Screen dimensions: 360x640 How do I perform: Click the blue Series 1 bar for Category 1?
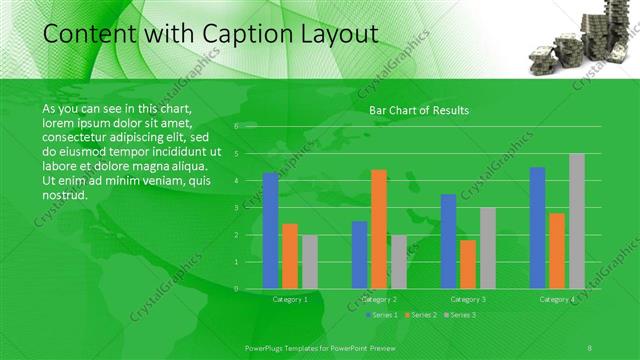click(270, 231)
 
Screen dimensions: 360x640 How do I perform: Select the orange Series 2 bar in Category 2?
click(379, 229)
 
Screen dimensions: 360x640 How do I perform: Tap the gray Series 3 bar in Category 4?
click(577, 221)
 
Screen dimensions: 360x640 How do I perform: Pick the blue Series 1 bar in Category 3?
click(448, 241)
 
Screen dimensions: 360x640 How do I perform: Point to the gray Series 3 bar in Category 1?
click(310, 262)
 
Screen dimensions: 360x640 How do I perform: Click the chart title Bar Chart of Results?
click(419, 110)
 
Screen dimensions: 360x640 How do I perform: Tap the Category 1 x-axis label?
click(290, 299)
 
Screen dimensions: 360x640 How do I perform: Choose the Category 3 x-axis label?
click(468, 299)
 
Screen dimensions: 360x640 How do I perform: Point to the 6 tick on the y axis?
click(236, 127)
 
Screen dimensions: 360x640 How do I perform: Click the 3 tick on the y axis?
click(236, 208)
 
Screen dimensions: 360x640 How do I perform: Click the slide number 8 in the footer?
click(590, 346)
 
